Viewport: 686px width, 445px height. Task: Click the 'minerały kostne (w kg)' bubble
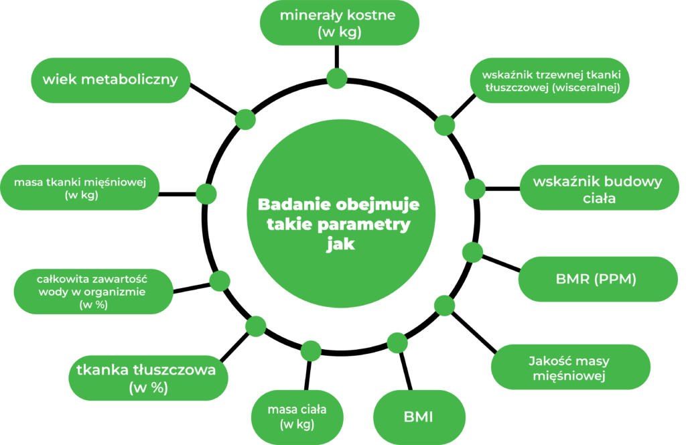pos(339,23)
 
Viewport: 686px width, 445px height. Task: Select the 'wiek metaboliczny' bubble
pos(111,80)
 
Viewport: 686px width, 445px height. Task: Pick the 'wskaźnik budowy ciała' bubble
pos(598,188)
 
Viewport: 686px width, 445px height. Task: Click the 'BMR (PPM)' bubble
pos(596,279)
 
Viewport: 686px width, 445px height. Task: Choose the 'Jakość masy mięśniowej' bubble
pos(569,368)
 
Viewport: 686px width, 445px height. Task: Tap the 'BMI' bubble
pos(419,417)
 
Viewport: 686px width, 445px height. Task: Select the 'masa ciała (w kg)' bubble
pos(297,416)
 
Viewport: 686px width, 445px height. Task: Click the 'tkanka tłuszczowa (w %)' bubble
pos(147,378)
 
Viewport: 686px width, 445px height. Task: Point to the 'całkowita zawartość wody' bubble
pos(93,291)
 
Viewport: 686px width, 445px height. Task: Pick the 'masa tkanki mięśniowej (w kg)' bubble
pos(80,188)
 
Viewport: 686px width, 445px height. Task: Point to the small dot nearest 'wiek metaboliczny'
pos(245,119)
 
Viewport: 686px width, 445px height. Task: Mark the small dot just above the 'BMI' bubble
pos(397,342)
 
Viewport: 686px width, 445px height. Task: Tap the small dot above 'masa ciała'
pos(311,350)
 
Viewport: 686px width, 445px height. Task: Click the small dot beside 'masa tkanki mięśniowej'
pos(206,193)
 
